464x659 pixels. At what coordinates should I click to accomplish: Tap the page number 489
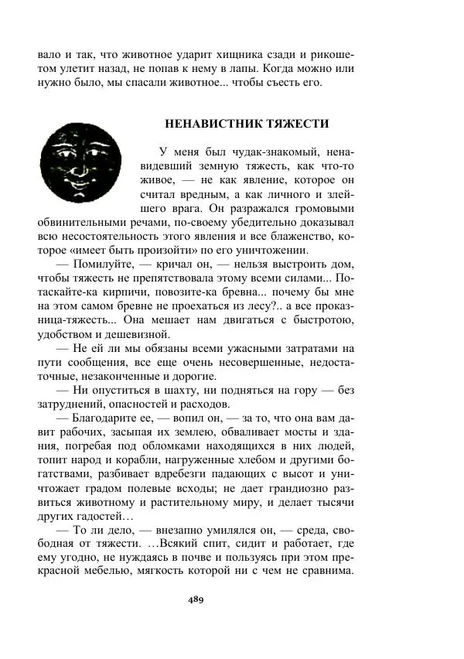(195, 600)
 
